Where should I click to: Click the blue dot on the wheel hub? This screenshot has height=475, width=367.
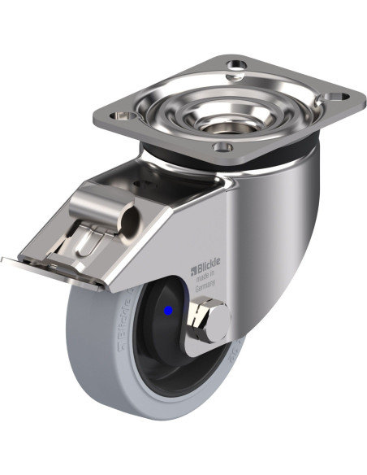(168, 310)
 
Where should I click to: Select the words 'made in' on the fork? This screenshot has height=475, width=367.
(205, 277)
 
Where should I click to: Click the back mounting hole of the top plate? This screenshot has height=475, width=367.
(236, 64)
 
